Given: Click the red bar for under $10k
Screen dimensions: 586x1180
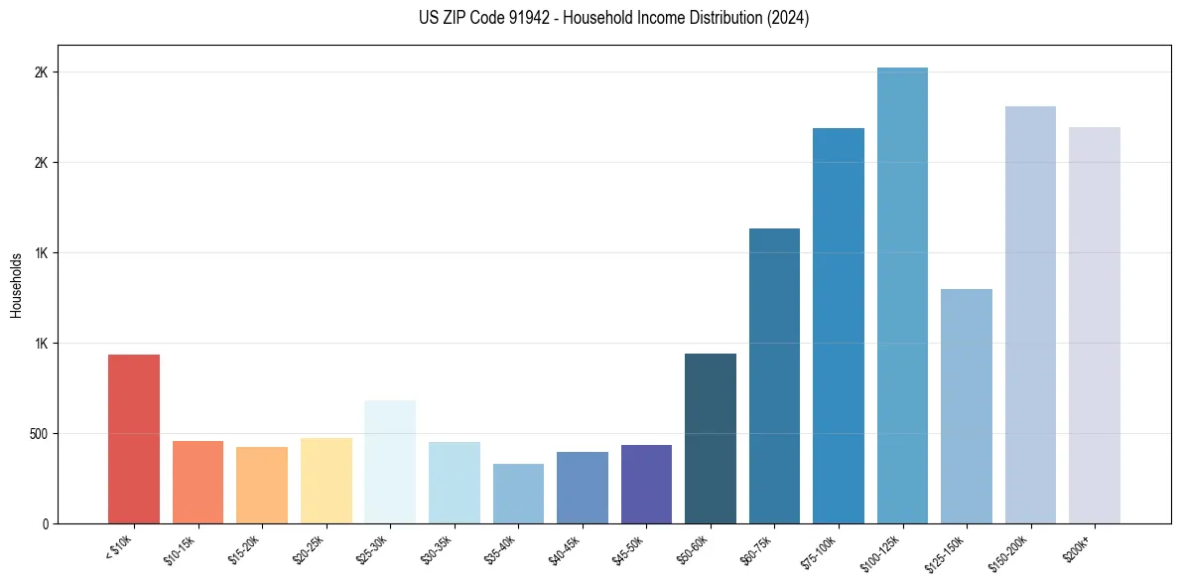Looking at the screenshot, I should [134, 439].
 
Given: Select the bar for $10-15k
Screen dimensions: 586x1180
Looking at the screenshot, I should [197, 482].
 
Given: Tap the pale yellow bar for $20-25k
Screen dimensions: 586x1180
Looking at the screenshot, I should [326, 481].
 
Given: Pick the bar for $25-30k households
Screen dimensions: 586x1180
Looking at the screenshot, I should [390, 462].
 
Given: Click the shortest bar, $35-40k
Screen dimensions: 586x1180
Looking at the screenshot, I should [518, 494].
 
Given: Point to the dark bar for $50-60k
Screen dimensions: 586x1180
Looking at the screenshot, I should [711, 438].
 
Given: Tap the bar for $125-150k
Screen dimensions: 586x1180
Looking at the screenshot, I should [967, 406].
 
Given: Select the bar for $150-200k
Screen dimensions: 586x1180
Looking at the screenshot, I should [1030, 315].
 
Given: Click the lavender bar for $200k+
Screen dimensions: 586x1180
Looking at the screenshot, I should [1095, 325].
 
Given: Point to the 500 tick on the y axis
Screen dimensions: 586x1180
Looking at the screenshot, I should [39, 434].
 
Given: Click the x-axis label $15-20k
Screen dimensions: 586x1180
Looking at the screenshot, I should [246, 548].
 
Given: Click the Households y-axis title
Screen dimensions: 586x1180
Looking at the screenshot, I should [16, 285].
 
